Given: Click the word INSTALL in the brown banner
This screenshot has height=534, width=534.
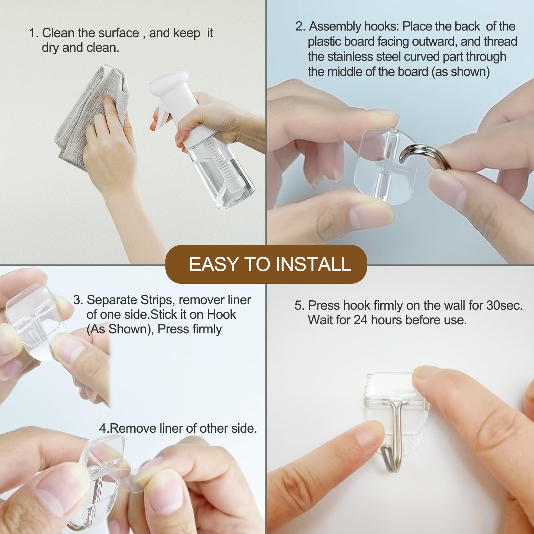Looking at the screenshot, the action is tap(313, 264).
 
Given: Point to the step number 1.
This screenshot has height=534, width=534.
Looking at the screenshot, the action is tap(34, 33).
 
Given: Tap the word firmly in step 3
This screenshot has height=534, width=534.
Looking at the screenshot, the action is tap(206, 329).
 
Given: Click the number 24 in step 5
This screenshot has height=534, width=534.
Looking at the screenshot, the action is tap(361, 320).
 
